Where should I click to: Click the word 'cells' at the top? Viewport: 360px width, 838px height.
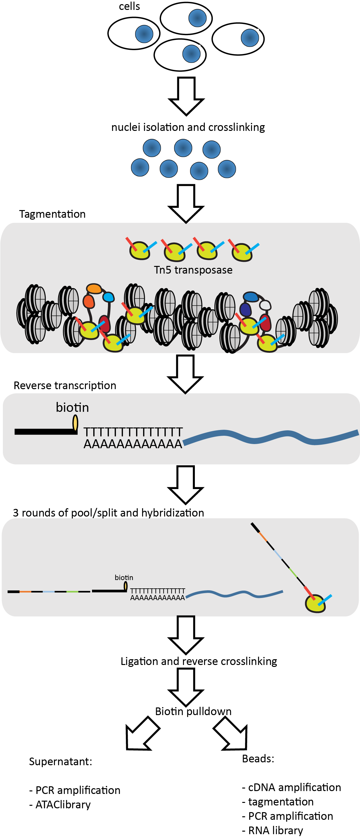coord(129,6)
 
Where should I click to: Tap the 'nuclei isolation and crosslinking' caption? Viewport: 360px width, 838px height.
coord(188,127)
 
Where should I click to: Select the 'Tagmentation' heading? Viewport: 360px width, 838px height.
coord(52,214)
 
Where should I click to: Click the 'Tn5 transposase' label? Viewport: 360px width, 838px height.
coord(193,270)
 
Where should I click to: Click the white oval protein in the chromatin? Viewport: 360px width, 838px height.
coord(265,305)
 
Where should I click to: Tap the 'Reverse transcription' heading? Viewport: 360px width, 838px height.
coord(65,386)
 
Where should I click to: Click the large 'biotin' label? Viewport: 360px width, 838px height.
coord(72,407)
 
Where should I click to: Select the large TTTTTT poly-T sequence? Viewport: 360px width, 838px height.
coord(133,432)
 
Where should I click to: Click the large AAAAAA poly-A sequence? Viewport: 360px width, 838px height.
coord(133,444)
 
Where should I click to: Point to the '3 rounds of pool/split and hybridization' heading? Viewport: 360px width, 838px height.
coord(108,513)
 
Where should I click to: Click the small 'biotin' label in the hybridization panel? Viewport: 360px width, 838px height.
coord(124,578)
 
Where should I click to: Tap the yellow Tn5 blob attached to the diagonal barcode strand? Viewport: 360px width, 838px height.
coord(315,604)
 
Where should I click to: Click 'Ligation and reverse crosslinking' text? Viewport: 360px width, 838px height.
coord(199,661)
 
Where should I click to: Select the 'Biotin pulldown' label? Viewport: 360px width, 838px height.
coord(193,712)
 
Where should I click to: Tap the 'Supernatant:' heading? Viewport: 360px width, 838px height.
coord(61,762)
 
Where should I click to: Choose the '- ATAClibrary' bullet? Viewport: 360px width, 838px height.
coord(60,804)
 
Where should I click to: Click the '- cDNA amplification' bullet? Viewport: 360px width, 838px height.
coord(292,787)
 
